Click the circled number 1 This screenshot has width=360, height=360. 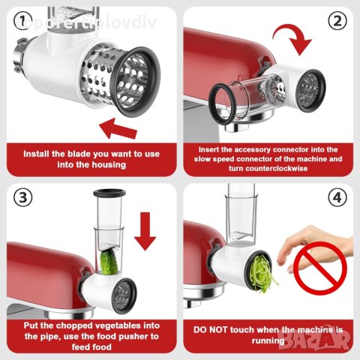[16, 20]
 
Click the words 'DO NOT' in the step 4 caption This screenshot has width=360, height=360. [211, 329]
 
